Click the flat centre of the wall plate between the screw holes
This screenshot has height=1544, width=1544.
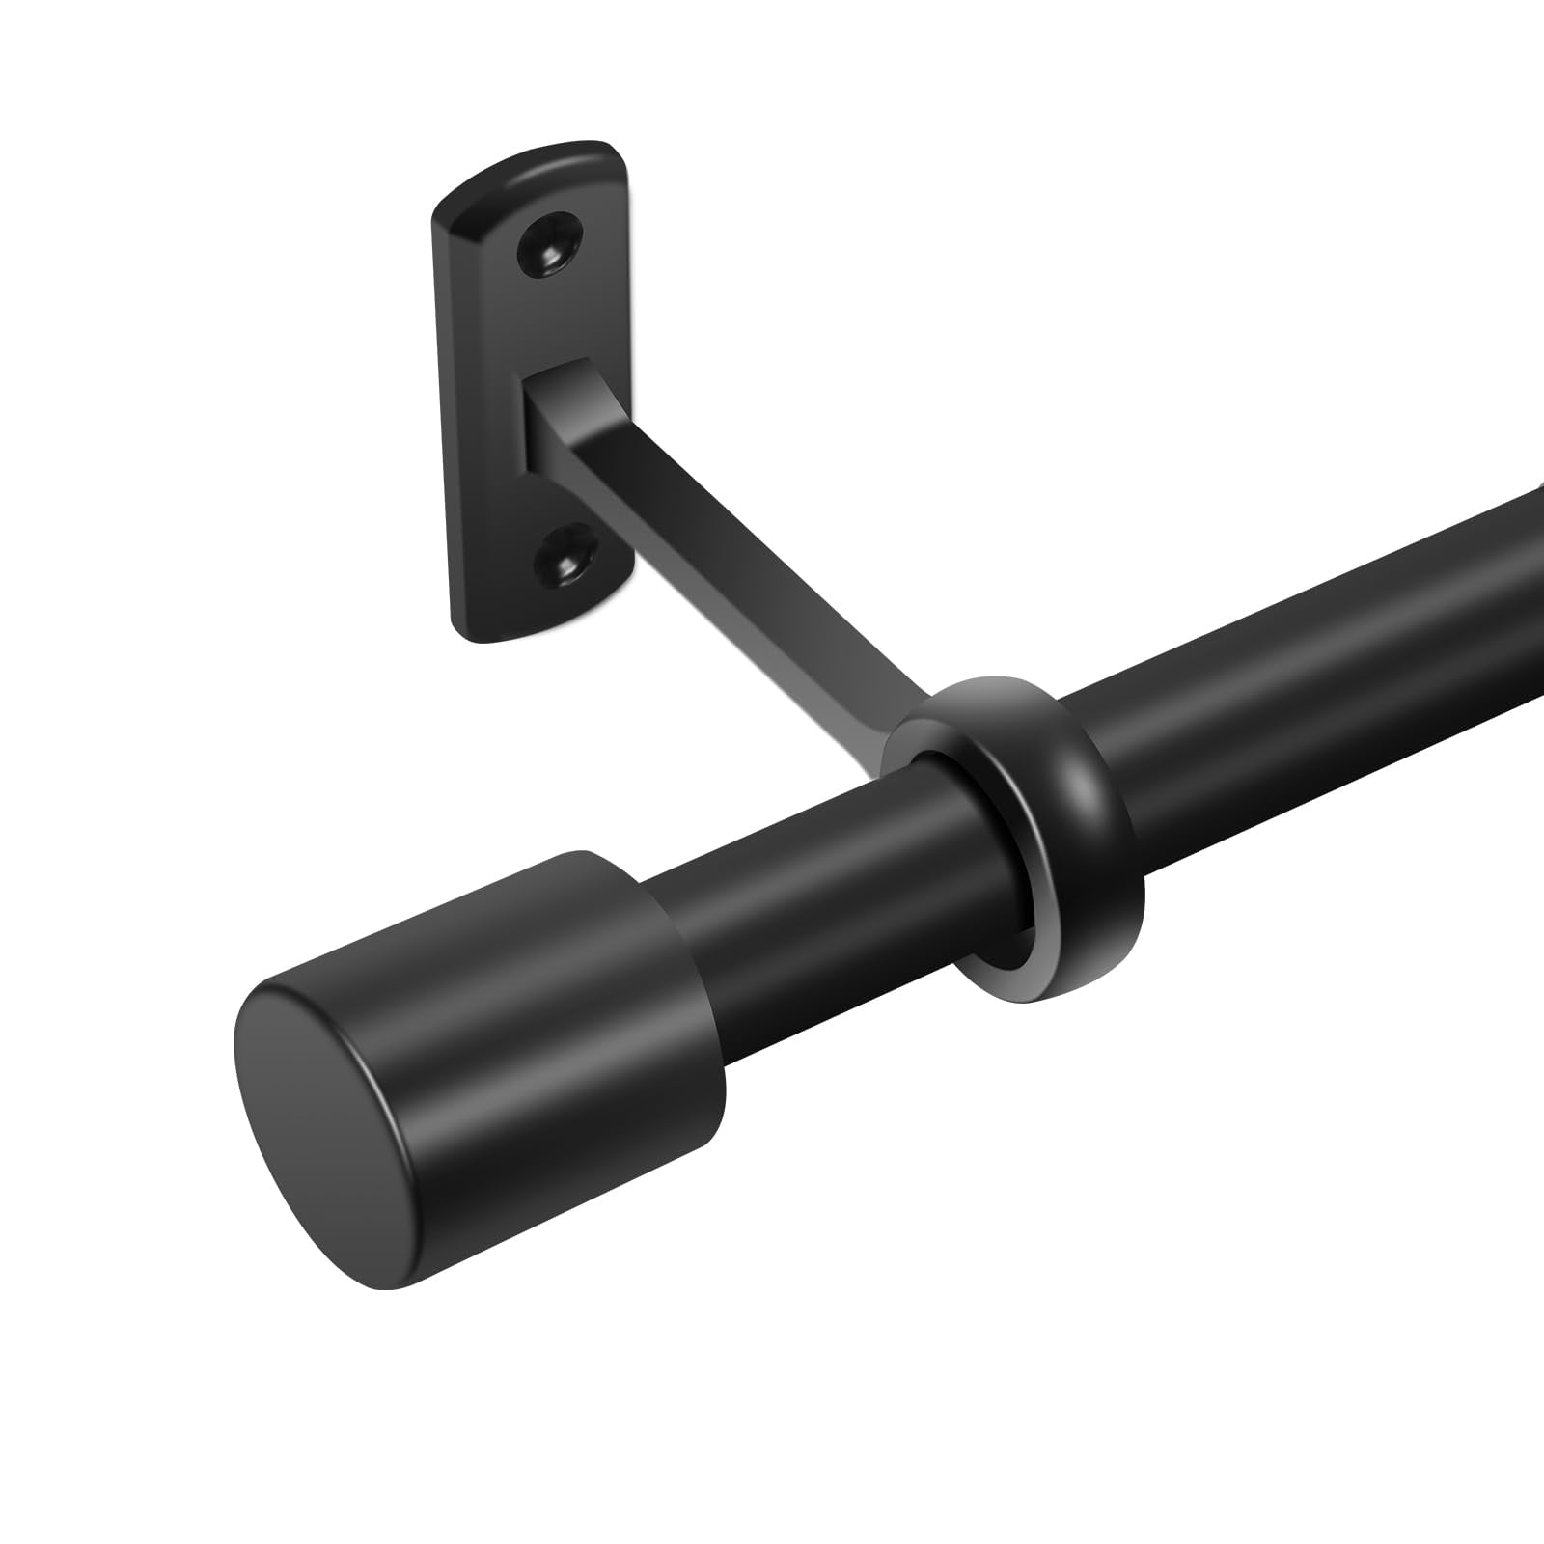(482, 405)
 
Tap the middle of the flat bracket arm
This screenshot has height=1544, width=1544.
(733, 560)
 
